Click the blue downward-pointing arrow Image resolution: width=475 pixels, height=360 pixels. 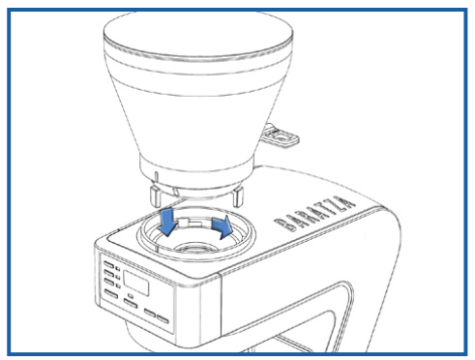click(x=167, y=221)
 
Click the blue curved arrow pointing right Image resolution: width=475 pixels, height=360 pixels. click(x=223, y=226)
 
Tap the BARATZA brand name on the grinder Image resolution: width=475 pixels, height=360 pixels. click(x=314, y=213)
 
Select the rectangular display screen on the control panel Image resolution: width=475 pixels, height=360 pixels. click(x=136, y=283)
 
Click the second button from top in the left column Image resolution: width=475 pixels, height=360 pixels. click(x=109, y=274)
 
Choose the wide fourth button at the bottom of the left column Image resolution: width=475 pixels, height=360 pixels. click(x=111, y=293)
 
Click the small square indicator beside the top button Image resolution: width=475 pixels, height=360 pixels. click(x=118, y=268)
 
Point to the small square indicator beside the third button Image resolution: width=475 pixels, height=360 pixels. click(x=118, y=285)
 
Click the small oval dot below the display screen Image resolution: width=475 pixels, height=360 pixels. click(x=131, y=295)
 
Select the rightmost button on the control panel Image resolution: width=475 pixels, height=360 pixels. click(x=163, y=319)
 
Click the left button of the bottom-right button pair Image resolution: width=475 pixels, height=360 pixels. click(x=150, y=313)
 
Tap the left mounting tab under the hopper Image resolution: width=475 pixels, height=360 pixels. click(x=156, y=195)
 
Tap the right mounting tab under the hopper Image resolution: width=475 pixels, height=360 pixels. click(x=237, y=195)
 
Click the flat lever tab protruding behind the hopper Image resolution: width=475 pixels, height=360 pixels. click(x=281, y=136)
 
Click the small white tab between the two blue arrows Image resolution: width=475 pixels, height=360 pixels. click(x=190, y=223)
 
